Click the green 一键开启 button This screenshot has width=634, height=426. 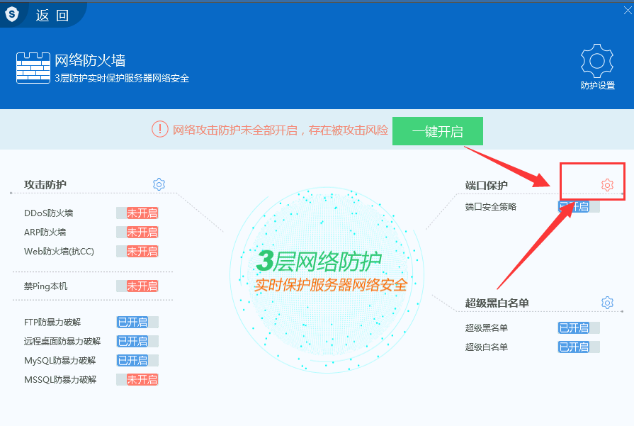coord(438,131)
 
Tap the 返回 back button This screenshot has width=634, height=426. coord(52,16)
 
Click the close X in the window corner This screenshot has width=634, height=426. coord(628,10)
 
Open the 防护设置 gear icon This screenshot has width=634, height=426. coord(597,61)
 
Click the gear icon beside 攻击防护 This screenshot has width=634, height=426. coord(159,184)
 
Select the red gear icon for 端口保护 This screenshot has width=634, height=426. coord(607,185)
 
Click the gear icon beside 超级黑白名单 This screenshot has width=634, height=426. coord(607,303)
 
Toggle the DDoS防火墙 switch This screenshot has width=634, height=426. coord(137,213)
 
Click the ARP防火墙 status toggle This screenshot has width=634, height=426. coord(137,232)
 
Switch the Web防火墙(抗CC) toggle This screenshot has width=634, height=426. coord(137,251)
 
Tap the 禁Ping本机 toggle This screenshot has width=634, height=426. coord(137,286)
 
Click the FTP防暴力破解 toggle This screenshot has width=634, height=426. coord(137,322)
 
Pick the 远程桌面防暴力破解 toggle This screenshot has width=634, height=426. coord(137,342)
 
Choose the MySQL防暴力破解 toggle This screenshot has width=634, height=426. coord(137,361)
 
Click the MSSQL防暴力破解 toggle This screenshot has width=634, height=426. coord(137,379)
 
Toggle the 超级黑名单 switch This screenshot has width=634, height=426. coord(579,327)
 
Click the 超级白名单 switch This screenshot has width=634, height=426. coord(579,347)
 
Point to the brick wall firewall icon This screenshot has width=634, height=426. coord(33,68)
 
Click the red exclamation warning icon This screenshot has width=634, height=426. coord(159,130)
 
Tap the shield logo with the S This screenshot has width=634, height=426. coord(12,15)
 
